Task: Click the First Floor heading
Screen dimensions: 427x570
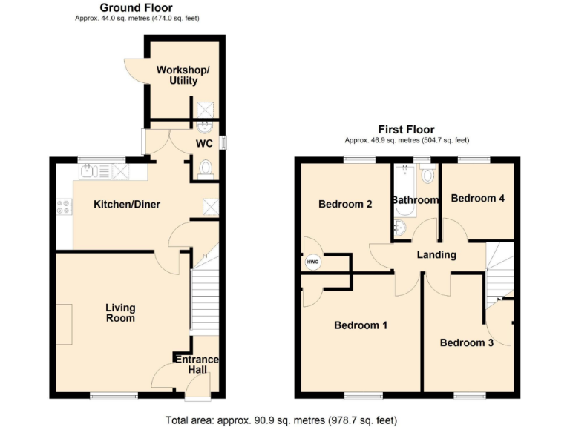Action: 406,130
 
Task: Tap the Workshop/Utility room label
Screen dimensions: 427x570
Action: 183,75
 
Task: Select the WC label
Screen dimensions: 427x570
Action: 205,143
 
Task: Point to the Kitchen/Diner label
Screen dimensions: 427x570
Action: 126,205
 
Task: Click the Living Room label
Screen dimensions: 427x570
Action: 120,313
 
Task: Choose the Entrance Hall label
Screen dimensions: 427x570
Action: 197,365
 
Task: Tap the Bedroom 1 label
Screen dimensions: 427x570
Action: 361,325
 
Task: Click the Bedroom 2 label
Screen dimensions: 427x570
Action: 345,205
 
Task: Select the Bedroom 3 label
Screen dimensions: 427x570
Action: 466,342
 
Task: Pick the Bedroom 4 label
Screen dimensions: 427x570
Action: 477,199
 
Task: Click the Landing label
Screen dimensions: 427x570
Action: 436,255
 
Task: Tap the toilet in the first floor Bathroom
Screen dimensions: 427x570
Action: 427,175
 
